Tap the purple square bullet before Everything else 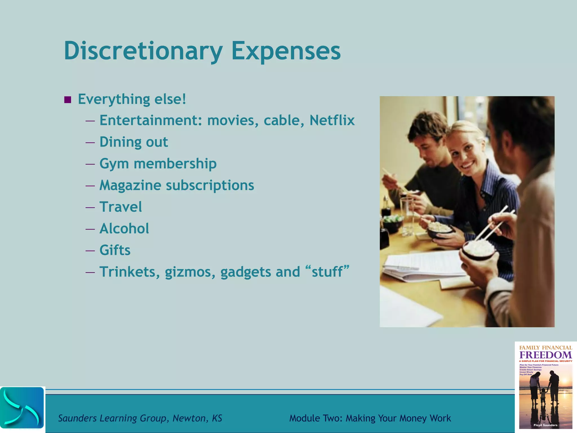[68, 100]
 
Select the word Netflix [332, 120]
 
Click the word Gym [114, 164]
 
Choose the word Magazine [130, 185]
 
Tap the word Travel [121, 207]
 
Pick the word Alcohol [124, 229]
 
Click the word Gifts [115, 250]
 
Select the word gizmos [190, 272]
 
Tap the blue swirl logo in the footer [22, 408]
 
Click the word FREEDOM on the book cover [545, 355]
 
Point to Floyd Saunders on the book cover [545, 425]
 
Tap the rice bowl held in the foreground [478, 250]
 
